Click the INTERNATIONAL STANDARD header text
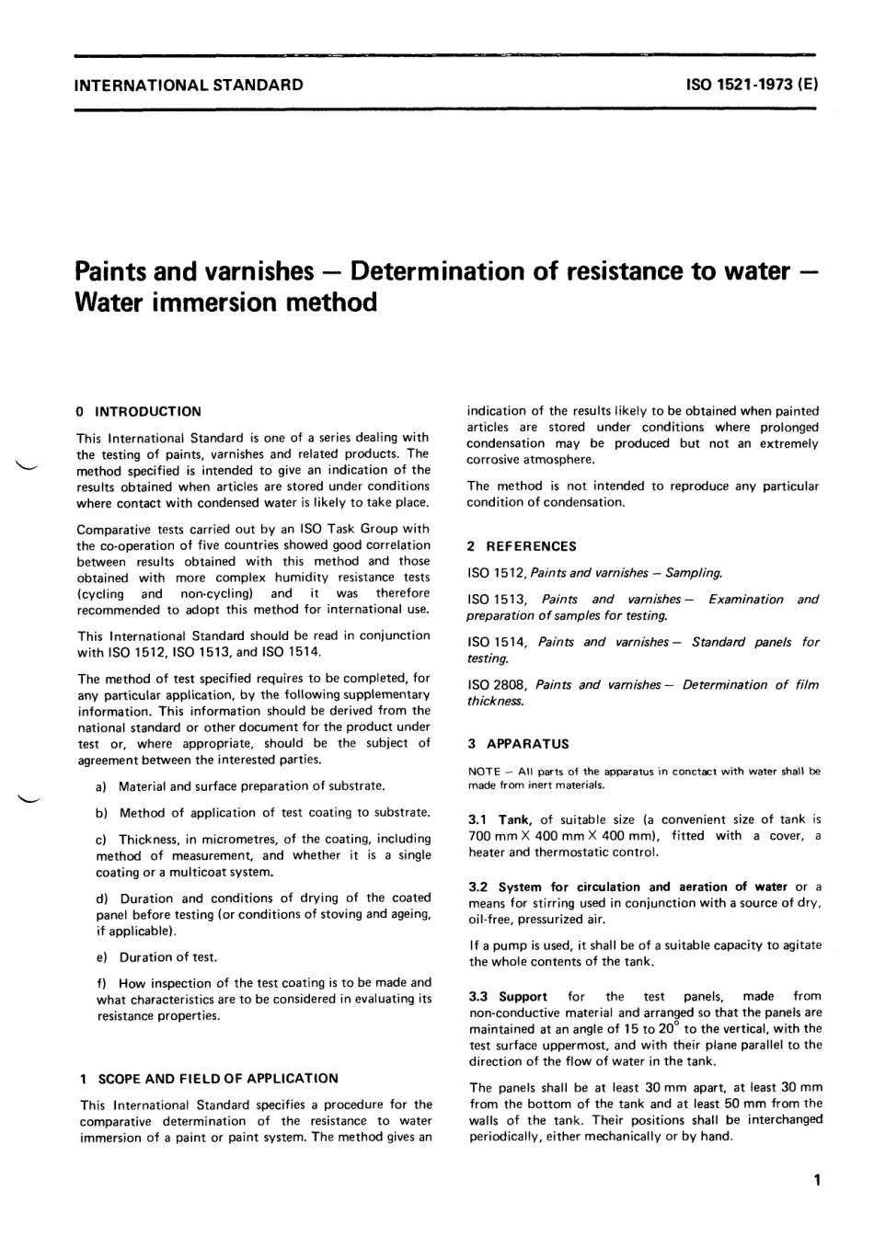(189, 85)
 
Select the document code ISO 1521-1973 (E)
(751, 85)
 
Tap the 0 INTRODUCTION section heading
(139, 411)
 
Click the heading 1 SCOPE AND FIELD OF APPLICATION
(209, 1078)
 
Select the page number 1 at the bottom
(816, 1180)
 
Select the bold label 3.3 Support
(508, 996)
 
